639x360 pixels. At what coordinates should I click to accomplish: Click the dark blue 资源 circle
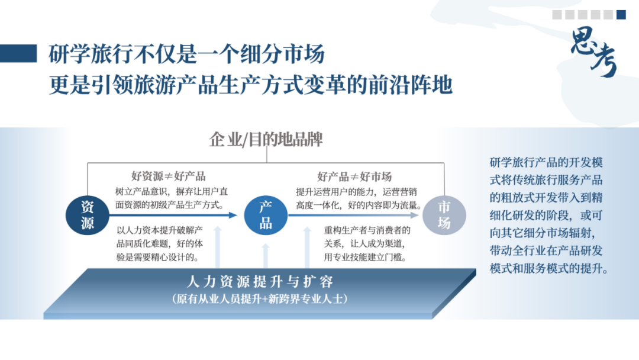[88, 215]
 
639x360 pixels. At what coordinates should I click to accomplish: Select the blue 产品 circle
[266, 215]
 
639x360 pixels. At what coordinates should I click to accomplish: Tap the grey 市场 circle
[444, 215]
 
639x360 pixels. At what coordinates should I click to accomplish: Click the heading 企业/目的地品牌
[266, 139]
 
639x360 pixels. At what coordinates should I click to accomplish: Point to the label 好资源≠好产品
[169, 176]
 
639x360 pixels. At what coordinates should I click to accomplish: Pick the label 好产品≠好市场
[354, 176]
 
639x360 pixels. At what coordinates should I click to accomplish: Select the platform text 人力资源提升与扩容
[260, 281]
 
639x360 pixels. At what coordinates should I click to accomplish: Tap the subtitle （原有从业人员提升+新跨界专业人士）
[260, 299]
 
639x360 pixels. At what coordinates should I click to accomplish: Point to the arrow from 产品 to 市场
[355, 216]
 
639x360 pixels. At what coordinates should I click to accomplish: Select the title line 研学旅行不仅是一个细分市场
[187, 54]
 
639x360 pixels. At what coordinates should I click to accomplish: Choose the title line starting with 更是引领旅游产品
[251, 85]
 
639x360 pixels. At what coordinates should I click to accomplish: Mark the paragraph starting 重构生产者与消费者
[367, 243]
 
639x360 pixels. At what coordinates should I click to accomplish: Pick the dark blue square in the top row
[621, 15]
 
